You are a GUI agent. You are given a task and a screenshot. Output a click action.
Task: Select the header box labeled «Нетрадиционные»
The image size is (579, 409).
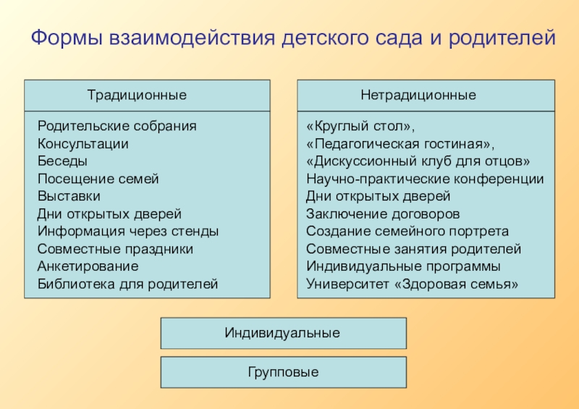(x=418, y=96)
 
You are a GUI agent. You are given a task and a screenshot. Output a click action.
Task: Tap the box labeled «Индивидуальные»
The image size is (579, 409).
(x=282, y=333)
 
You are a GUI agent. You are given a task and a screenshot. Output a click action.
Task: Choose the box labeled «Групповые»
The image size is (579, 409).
(x=282, y=372)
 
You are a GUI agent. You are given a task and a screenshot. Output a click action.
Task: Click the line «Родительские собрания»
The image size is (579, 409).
(x=117, y=126)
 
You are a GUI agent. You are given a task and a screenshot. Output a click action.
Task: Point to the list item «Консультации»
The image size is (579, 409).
(x=83, y=143)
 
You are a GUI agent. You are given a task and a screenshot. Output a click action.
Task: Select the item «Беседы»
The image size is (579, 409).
(x=62, y=161)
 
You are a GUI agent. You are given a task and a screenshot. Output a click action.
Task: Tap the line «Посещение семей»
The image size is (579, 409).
(x=98, y=179)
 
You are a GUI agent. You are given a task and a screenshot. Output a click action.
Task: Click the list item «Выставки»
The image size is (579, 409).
(x=69, y=196)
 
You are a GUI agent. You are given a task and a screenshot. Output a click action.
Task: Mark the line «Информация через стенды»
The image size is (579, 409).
(x=127, y=232)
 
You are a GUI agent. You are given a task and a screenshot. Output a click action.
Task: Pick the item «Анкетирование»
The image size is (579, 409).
(x=88, y=266)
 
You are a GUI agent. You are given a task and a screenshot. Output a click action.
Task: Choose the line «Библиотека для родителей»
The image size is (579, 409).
(x=127, y=284)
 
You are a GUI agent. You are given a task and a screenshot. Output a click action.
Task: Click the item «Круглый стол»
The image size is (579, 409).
(x=360, y=126)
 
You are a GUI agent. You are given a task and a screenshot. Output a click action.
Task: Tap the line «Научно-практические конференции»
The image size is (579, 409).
(x=425, y=179)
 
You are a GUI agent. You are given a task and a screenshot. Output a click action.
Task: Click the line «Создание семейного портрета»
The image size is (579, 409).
(x=407, y=232)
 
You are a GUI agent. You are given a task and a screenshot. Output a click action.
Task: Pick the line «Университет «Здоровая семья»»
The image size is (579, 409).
(x=413, y=284)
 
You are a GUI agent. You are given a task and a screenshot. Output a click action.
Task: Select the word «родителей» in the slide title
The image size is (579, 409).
(x=504, y=38)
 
